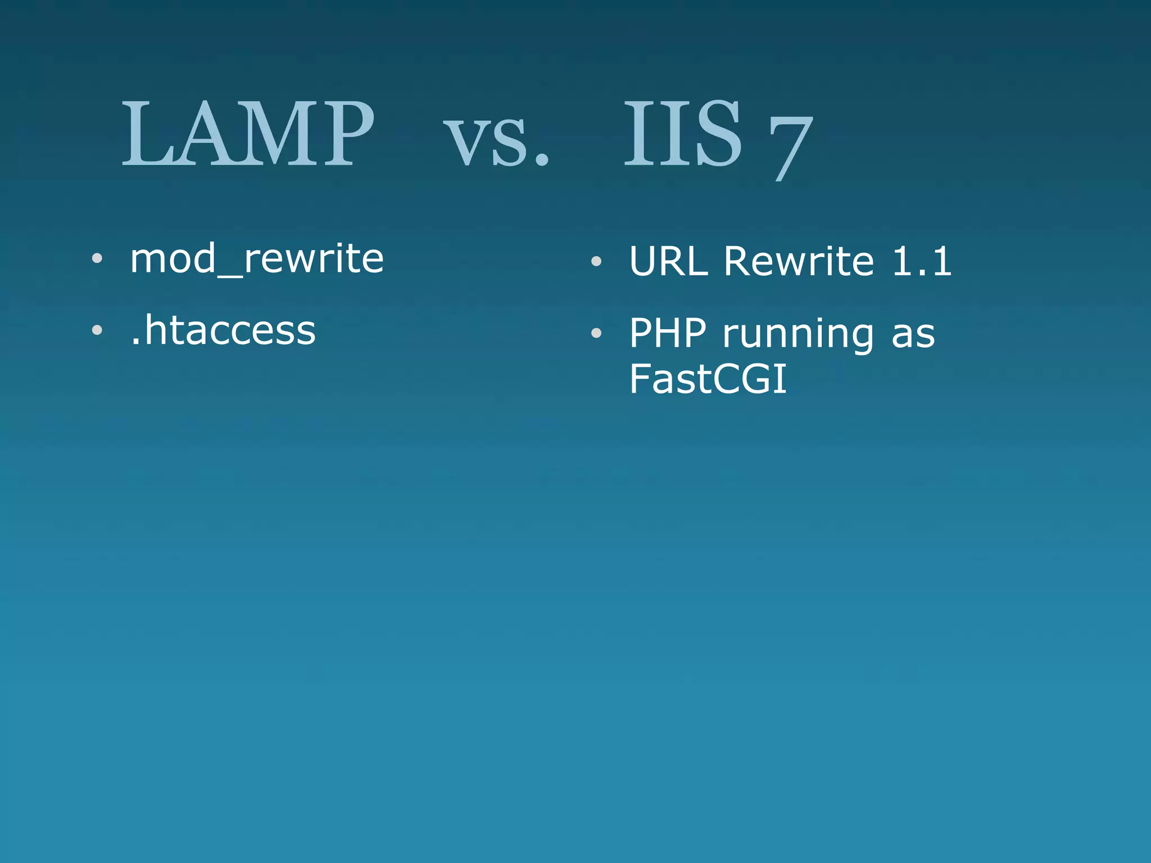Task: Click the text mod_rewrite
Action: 257,259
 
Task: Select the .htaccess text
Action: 223,330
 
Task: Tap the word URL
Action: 668,261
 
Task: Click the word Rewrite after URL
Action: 799,261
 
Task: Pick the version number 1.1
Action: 922,261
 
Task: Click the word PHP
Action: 667,333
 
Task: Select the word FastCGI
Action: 708,379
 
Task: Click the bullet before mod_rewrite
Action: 97,258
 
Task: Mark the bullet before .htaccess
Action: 97,330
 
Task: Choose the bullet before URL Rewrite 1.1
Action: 596,261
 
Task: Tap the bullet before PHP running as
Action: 596,333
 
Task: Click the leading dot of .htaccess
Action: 135,342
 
